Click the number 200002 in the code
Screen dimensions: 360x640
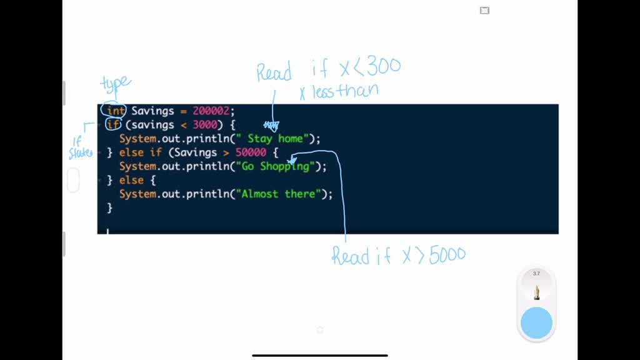pyautogui.click(x=211, y=111)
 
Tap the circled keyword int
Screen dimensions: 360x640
pyautogui.click(x=115, y=111)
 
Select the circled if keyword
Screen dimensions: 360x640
pyautogui.click(x=113, y=125)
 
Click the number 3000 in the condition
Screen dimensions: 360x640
pyautogui.click(x=204, y=125)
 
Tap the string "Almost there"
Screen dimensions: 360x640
pyautogui.click(x=278, y=194)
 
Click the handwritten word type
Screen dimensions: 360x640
pyautogui.click(x=116, y=83)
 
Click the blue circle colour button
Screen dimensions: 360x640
pyautogui.click(x=536, y=322)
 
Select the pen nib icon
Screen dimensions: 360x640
pyautogui.click(x=536, y=292)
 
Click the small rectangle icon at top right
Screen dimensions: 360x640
pyautogui.click(x=484, y=10)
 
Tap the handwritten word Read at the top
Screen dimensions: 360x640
pyautogui.click(x=274, y=72)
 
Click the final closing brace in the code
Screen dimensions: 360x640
pyautogui.click(x=110, y=207)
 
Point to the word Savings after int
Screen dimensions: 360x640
pyautogui.click(x=152, y=111)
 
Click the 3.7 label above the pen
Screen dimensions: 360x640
pyautogui.click(x=536, y=274)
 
